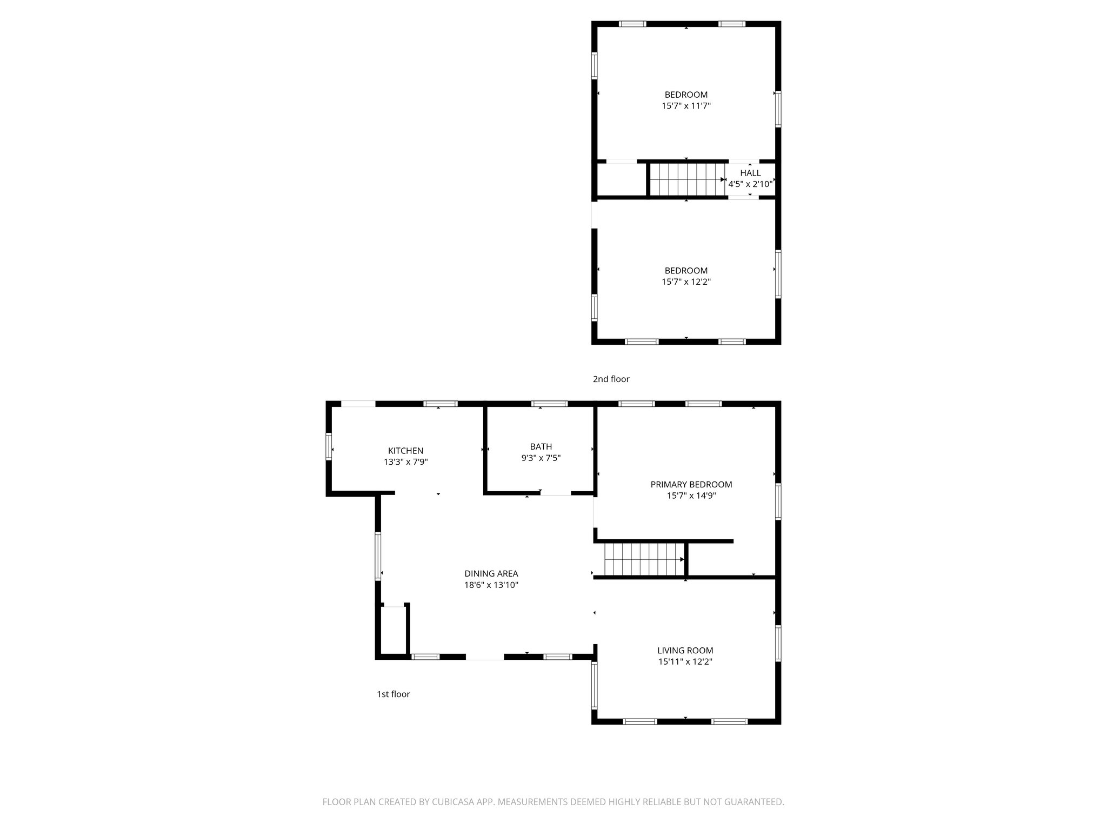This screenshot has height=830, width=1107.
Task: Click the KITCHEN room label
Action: tap(405, 451)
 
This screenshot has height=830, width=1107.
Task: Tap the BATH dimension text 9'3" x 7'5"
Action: tap(541, 458)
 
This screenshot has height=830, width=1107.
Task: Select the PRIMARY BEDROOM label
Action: tap(691, 484)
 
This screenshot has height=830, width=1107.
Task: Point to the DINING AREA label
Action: tap(491, 573)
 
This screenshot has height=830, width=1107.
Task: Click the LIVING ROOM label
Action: tap(685, 651)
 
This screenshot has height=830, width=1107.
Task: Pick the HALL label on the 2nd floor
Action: tap(750, 173)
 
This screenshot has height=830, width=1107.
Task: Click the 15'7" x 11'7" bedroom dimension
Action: tap(686, 106)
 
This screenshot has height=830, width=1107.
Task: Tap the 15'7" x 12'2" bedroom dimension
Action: tap(686, 282)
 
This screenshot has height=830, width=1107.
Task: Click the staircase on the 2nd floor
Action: tap(686, 180)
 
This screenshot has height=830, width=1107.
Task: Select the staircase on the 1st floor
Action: tap(643, 559)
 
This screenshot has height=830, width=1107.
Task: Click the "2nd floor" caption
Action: tap(611, 379)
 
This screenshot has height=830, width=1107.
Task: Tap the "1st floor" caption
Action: tap(393, 694)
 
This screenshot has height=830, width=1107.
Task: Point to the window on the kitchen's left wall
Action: tap(329, 447)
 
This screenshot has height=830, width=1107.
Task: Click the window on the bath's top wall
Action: tap(549, 404)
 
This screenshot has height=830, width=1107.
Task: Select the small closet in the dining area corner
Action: tap(394, 630)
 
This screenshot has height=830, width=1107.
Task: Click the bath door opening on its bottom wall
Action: tap(556, 493)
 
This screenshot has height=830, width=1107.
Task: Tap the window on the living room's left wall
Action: tap(594, 685)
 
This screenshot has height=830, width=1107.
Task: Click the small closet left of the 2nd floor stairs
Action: tap(622, 180)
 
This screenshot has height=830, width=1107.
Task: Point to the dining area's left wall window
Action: tap(378, 556)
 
